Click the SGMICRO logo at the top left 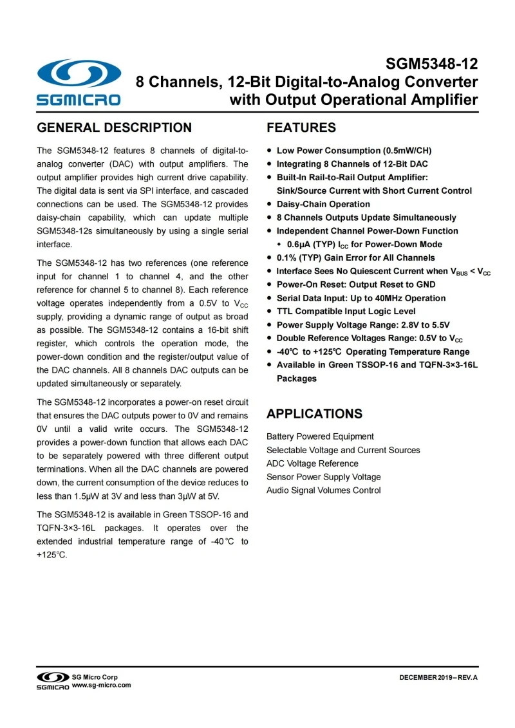click(79, 82)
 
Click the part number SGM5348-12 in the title click(431, 64)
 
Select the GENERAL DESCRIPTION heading click(115, 127)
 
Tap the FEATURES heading click(301, 127)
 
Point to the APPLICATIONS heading click(314, 414)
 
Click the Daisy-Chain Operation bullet click(323, 204)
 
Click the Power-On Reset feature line click(356, 285)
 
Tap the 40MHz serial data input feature click(360, 298)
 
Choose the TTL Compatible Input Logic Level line click(346, 312)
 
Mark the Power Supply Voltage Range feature click(363, 325)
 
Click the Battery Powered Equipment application click(320, 436)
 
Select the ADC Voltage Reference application click(312, 463)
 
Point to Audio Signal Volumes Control click(323, 490)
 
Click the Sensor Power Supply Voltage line click(323, 477)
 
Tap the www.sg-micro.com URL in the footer click(102, 685)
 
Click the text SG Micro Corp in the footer click(95, 677)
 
